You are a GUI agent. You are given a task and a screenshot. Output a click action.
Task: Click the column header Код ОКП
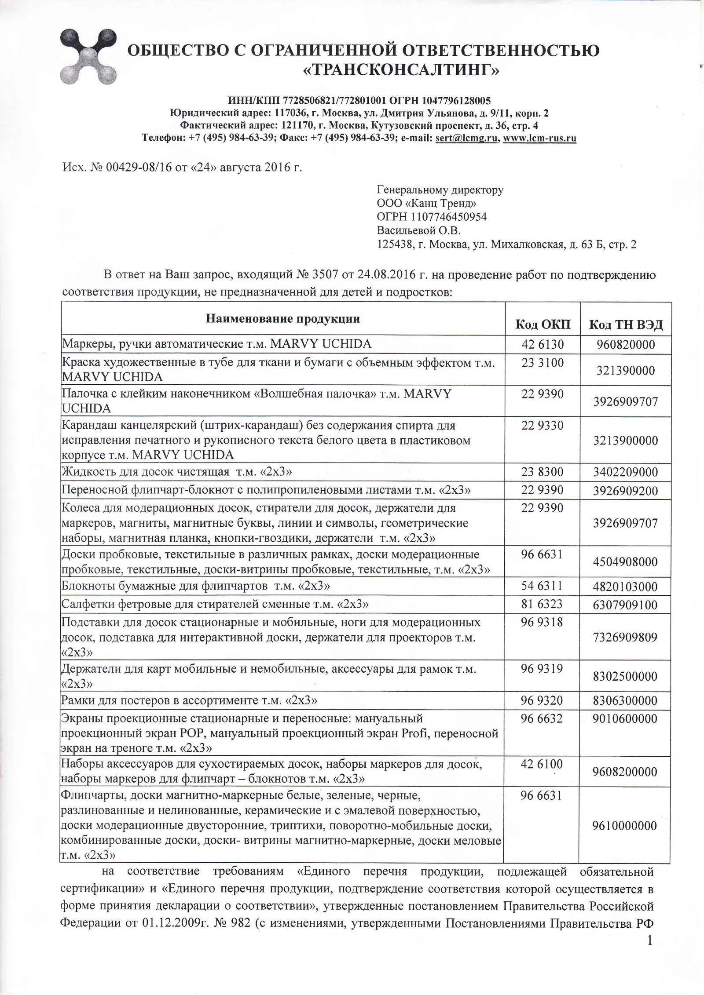(x=543, y=325)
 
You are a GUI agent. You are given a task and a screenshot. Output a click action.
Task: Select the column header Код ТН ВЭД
(x=626, y=325)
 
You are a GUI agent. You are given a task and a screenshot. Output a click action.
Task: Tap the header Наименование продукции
(x=282, y=319)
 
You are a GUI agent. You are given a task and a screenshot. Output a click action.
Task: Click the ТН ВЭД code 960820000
(x=626, y=345)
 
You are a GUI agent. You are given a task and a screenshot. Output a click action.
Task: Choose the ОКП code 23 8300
(x=542, y=472)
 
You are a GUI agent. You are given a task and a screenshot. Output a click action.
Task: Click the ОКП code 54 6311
(x=542, y=586)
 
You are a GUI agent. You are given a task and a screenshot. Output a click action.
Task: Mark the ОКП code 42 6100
(x=542, y=764)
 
